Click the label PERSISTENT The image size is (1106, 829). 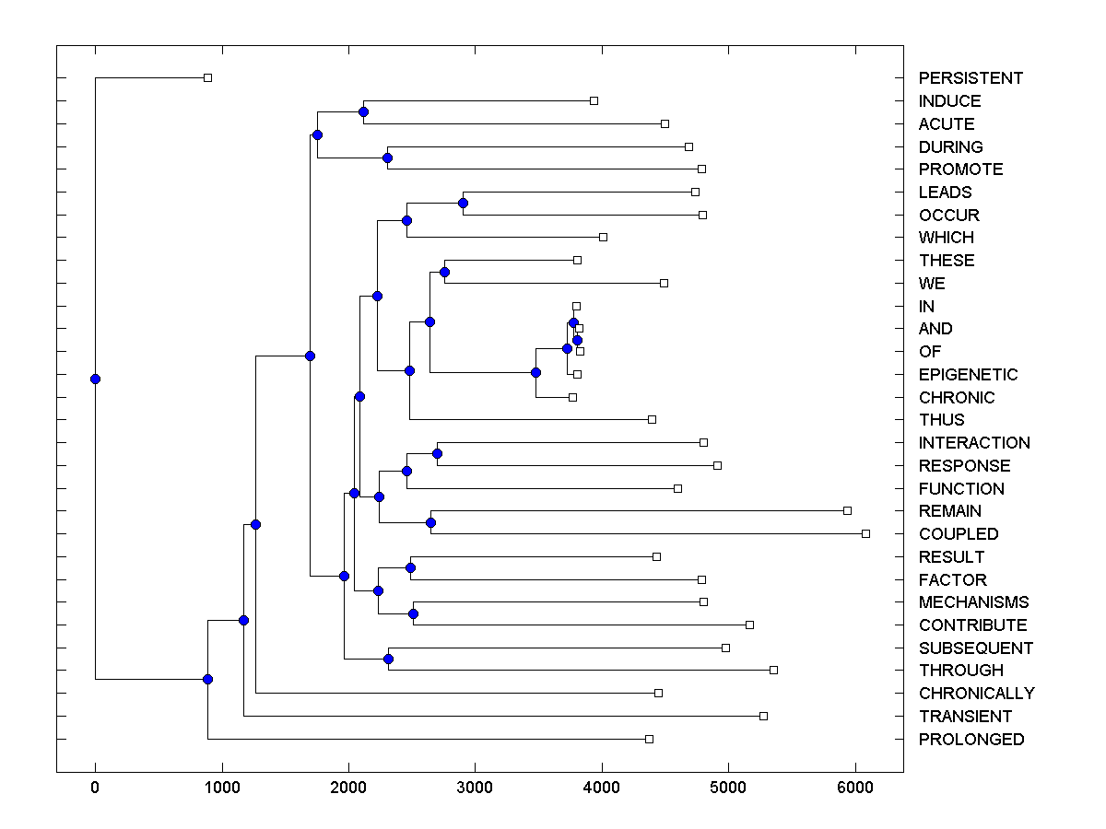(971, 78)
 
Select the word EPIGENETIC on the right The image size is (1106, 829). (968, 375)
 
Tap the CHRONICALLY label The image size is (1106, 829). (976, 694)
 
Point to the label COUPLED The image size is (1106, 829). (958, 534)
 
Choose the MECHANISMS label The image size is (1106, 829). (973, 602)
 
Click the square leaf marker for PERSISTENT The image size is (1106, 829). (207, 78)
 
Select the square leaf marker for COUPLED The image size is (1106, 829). (865, 533)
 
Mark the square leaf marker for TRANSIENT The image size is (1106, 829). (763, 716)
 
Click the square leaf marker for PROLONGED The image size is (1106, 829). (649, 739)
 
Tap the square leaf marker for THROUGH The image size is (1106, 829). (773, 670)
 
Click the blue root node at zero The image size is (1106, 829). (95, 379)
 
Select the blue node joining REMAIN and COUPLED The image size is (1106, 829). (430, 522)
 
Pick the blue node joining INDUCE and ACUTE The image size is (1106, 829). (363, 112)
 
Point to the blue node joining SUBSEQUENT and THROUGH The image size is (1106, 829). (388, 659)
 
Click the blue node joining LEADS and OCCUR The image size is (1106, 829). (464, 203)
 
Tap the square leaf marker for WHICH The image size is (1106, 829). (603, 238)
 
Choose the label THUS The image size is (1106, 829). (941, 420)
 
